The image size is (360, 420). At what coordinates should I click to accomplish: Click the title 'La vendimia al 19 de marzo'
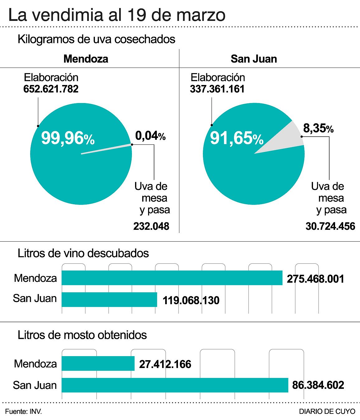point(117,15)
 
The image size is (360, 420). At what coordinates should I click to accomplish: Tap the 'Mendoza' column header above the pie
point(86,59)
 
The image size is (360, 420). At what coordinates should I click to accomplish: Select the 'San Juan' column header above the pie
point(254,59)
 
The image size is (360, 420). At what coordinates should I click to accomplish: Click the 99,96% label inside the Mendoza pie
point(68,138)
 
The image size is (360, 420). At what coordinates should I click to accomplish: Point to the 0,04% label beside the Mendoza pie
point(150,136)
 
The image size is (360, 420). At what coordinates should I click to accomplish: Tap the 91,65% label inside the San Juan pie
point(237,138)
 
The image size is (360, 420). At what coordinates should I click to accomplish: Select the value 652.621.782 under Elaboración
point(51,89)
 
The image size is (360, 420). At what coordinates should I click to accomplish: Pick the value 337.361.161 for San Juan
point(217,89)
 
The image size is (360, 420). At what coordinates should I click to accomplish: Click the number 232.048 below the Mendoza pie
point(151,226)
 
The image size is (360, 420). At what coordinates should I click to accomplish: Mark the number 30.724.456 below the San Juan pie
point(330,226)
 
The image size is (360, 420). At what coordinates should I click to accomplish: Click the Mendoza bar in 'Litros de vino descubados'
point(172,278)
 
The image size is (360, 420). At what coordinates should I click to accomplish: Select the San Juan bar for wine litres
point(109,300)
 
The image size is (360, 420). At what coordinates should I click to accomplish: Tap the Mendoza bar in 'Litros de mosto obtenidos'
point(98,363)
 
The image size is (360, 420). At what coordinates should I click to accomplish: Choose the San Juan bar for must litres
point(175,385)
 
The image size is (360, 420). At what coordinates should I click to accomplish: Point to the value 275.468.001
point(316,279)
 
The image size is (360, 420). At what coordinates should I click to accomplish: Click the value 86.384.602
point(318,385)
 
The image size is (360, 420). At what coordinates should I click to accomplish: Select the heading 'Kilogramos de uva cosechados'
point(96,39)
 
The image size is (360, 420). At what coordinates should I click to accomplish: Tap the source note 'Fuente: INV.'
point(23,411)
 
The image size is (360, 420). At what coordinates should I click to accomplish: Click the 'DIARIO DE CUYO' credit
point(327,411)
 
